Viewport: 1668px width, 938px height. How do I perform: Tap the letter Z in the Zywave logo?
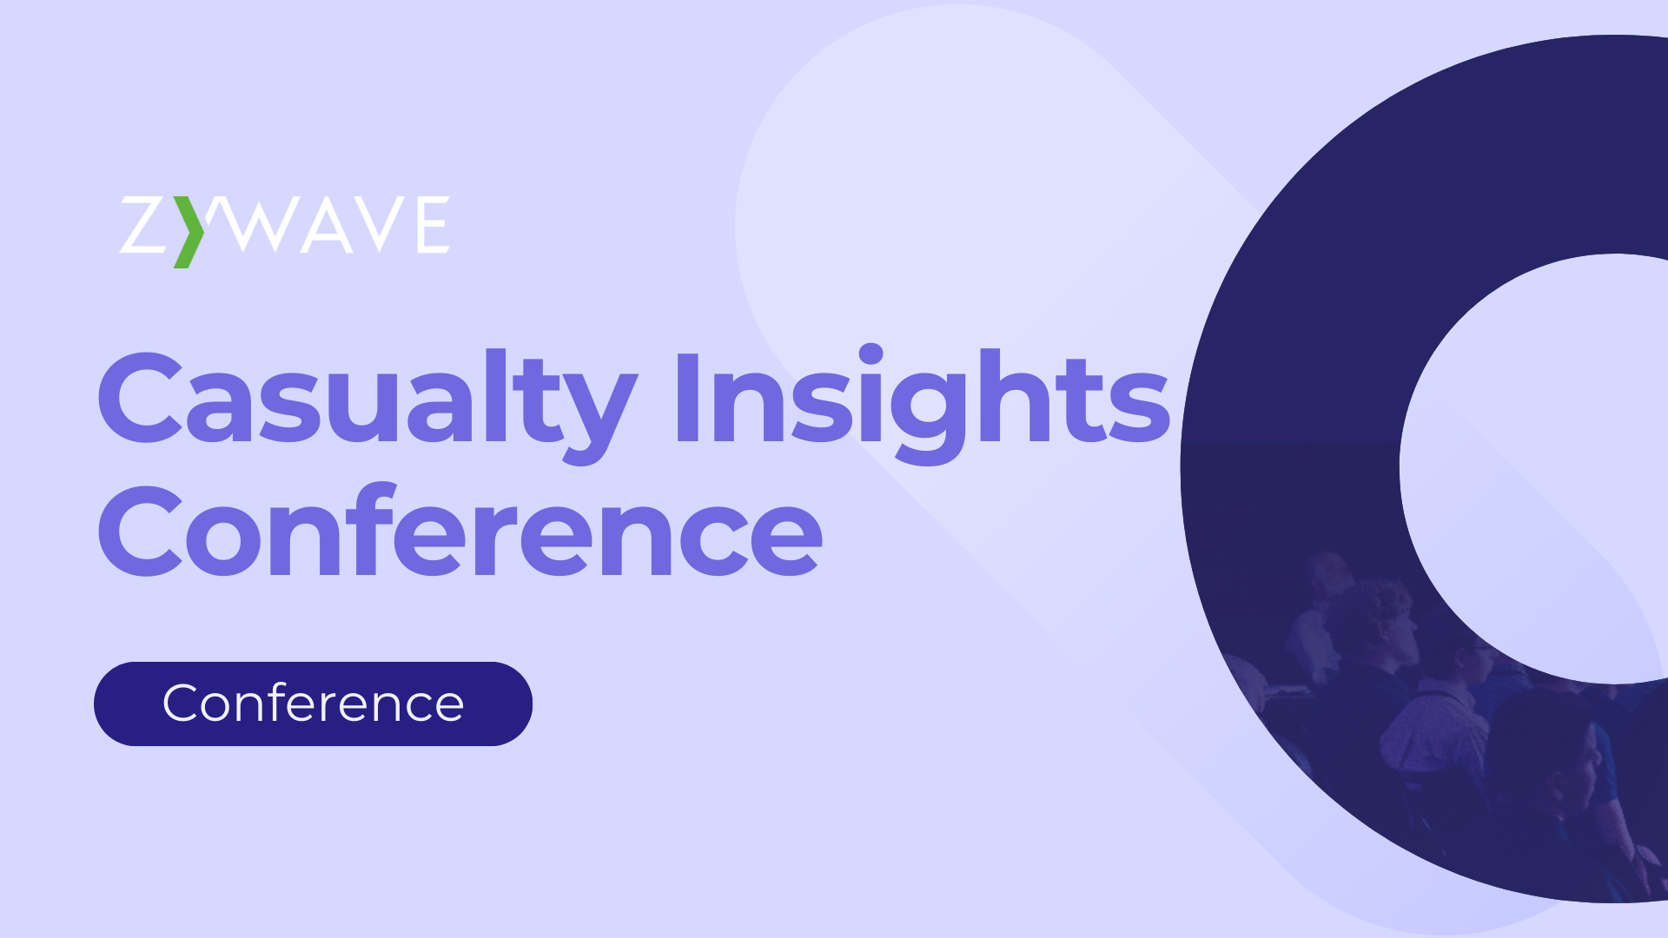point(142,225)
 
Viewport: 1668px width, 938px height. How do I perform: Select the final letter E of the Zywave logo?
point(433,225)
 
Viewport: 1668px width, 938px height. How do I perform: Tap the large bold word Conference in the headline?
point(460,532)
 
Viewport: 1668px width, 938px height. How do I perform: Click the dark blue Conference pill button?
point(313,703)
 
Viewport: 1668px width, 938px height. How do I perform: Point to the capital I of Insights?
point(687,400)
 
